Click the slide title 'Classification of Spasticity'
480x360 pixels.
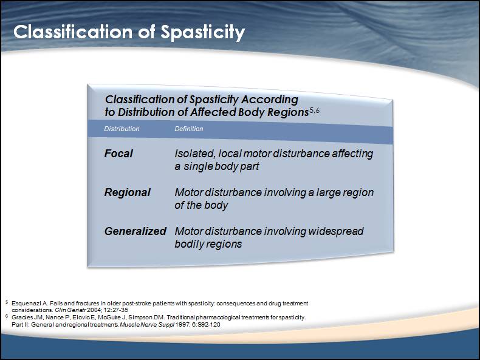point(129,32)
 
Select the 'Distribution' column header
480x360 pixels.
point(122,129)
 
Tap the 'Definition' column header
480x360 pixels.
point(189,129)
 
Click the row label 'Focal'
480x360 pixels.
point(118,154)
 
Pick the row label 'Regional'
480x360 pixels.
point(127,192)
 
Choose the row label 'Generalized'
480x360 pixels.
point(135,231)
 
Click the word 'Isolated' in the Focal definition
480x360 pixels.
point(194,154)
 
